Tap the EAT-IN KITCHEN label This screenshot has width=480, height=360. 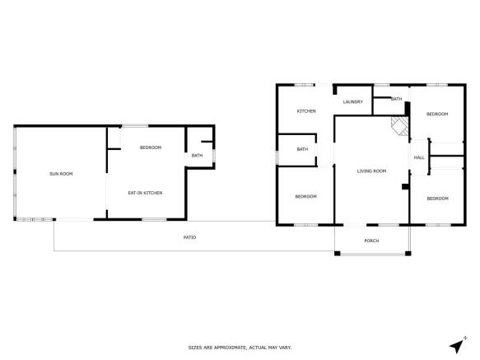click(144, 193)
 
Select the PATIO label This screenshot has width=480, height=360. click(189, 237)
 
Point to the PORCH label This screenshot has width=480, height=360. click(371, 241)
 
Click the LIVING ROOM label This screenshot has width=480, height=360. click(371, 171)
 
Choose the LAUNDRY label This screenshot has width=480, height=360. click(353, 101)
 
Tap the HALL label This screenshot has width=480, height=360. click(418, 157)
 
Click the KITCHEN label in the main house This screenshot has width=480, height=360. click(306, 111)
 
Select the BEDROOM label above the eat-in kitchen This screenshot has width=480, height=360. click(150, 147)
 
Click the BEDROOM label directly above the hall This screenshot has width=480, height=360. click(436, 114)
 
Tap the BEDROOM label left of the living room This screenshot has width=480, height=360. click(305, 196)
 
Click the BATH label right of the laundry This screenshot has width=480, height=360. click(396, 99)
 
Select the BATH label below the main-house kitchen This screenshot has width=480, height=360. click(302, 149)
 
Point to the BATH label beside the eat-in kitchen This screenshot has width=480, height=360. click(197, 155)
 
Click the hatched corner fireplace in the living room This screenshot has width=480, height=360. click(399, 126)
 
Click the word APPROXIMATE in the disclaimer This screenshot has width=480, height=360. click(226, 348)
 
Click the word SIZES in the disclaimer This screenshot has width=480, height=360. click(195, 348)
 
